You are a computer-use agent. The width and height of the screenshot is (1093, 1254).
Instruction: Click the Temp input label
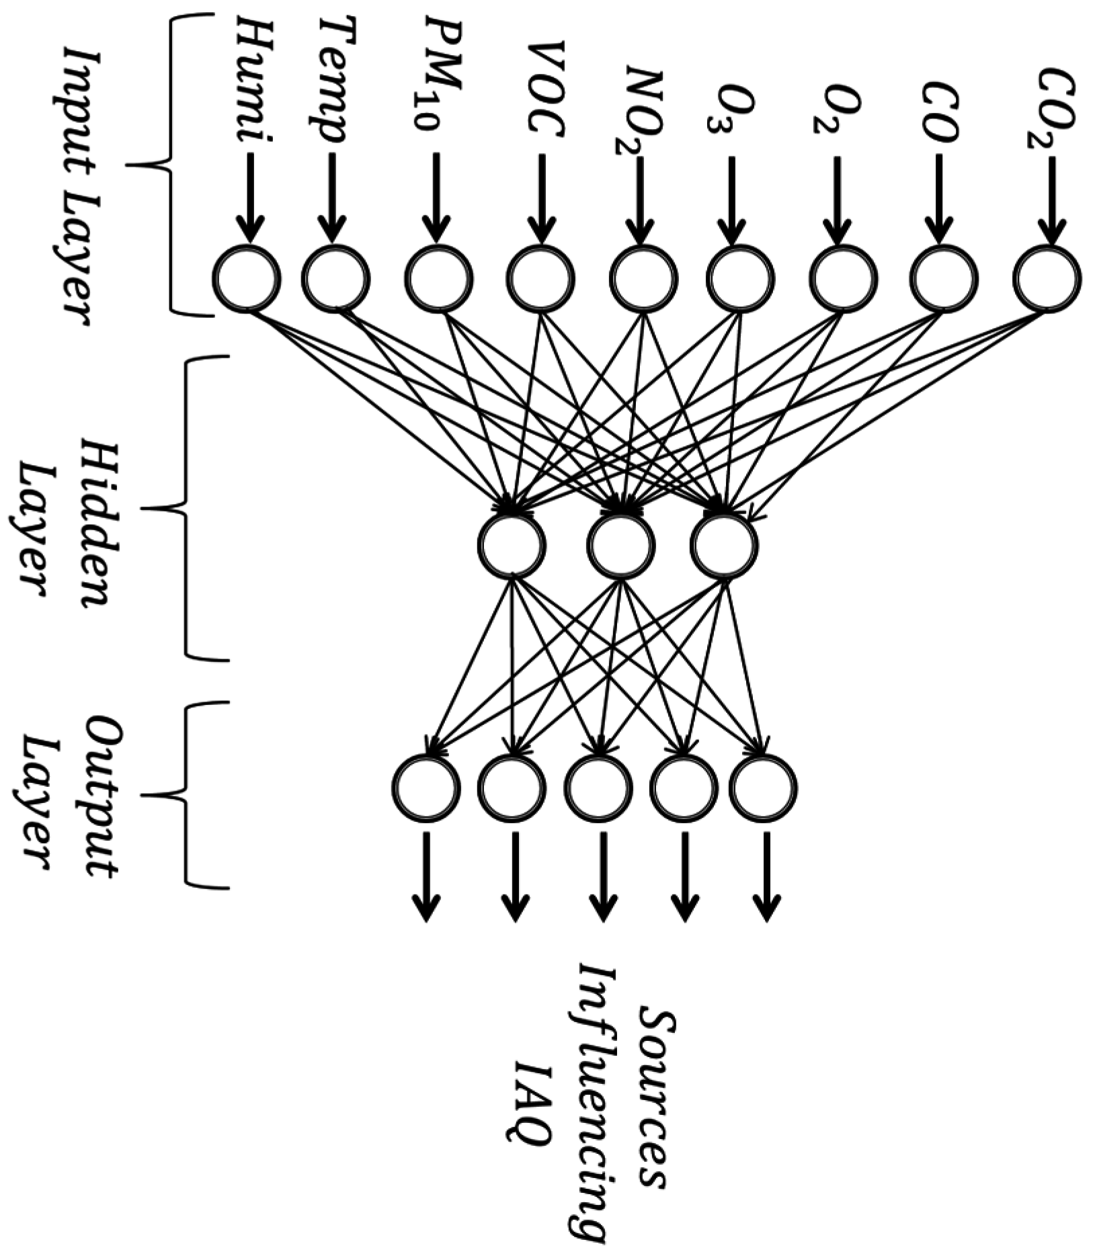[x=333, y=80]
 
